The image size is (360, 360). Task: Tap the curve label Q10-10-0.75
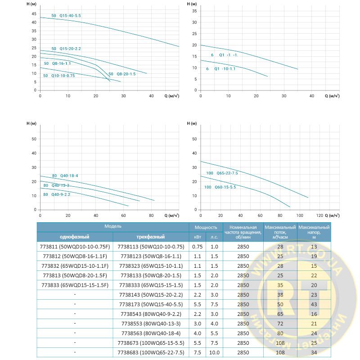click(59, 76)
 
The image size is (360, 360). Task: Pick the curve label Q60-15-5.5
click(220, 187)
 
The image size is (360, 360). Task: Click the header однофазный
click(75, 237)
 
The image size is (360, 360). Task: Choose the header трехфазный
click(151, 237)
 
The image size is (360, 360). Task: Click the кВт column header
click(198, 237)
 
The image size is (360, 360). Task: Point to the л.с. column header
click(214, 237)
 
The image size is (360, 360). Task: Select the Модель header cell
click(113, 227)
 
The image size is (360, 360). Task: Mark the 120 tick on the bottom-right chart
click(319, 215)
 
